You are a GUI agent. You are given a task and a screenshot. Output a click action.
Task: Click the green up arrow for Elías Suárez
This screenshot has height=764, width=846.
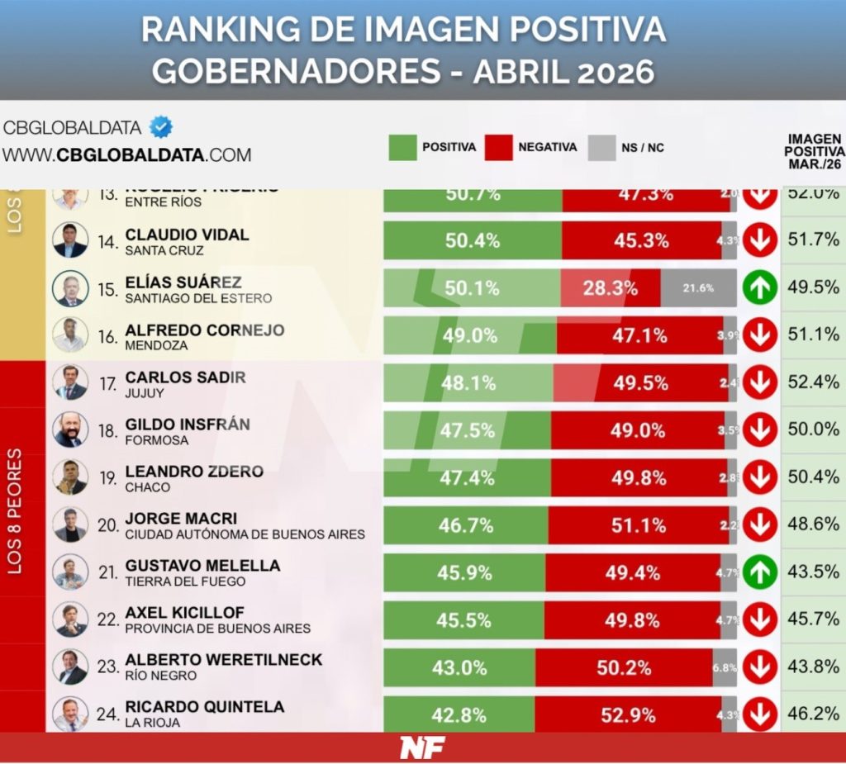[x=759, y=288]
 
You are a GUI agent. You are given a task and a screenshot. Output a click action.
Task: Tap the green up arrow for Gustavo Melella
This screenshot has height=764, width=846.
[x=759, y=572]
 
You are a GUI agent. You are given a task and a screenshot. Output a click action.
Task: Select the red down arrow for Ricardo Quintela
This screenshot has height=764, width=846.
[x=759, y=714]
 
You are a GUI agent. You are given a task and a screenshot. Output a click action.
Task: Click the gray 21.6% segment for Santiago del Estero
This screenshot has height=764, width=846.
[x=698, y=288]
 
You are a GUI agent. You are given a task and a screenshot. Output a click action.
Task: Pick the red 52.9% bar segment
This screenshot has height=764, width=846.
[x=628, y=715]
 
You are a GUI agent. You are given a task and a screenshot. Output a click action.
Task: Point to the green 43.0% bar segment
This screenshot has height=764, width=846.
[x=459, y=667]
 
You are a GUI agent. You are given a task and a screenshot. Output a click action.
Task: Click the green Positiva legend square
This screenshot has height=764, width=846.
[x=402, y=148]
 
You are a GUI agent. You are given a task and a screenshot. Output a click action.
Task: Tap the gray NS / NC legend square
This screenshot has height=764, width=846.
[x=601, y=148]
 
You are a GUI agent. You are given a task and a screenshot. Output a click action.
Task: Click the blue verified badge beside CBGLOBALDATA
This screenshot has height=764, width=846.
[x=161, y=127]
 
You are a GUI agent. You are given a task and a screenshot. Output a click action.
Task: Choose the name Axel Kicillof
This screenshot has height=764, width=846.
[x=185, y=613]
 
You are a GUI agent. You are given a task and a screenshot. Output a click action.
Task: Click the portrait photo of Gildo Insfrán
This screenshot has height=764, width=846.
[x=70, y=429]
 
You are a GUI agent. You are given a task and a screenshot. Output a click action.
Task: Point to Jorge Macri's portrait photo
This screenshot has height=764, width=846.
[x=70, y=524]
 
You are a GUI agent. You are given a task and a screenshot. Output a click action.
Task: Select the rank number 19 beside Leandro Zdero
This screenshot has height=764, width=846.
[x=108, y=478]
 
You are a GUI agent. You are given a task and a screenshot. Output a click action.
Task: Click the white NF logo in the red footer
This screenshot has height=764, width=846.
[x=422, y=747]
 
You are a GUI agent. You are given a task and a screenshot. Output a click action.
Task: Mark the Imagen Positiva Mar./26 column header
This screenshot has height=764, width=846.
[x=815, y=151]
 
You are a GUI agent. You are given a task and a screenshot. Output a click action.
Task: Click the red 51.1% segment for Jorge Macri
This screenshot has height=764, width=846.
[x=638, y=525]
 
